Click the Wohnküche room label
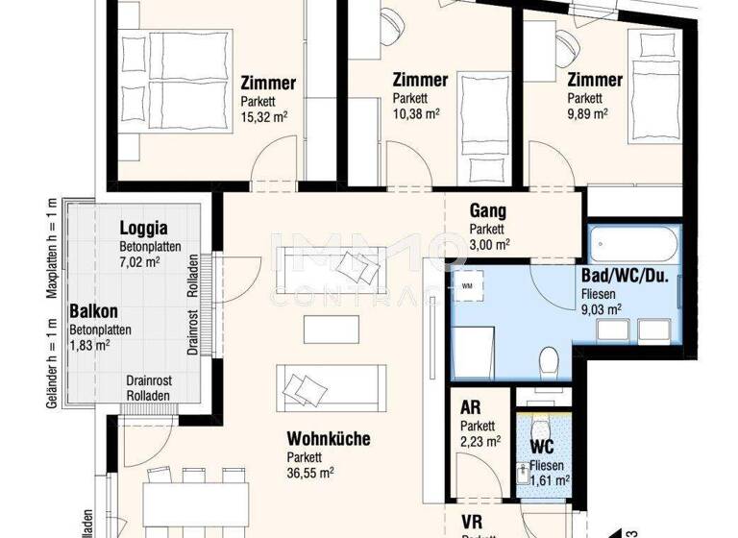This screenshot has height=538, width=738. [x=328, y=439]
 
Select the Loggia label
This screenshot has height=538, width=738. [x=143, y=229]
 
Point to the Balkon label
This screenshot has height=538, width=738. [x=94, y=312]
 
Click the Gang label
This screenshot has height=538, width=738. [x=487, y=211]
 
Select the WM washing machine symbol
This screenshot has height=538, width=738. [x=468, y=285]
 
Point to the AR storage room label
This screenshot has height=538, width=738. [x=471, y=408]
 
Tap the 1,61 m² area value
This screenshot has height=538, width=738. [x=549, y=481]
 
